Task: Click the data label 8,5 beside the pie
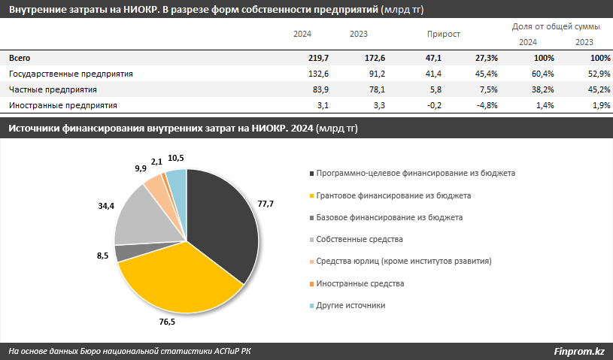pos(103,257)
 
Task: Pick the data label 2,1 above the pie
pos(156,162)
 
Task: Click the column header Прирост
pos(443,34)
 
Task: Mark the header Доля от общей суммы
pos(556,26)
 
